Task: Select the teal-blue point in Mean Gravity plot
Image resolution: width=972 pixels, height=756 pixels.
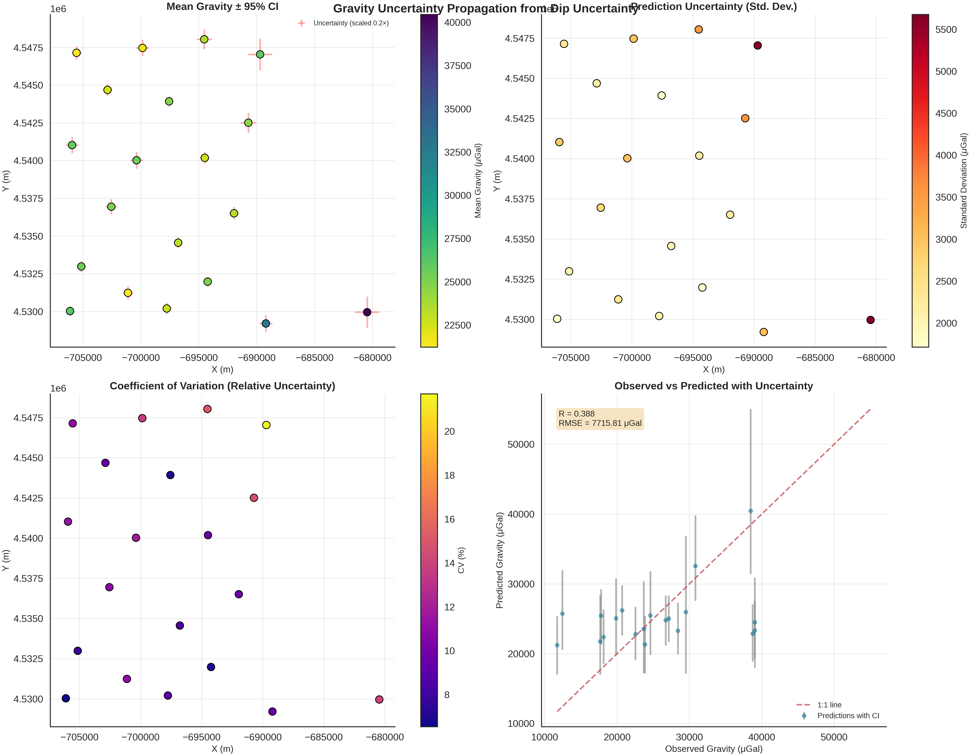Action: coord(266,323)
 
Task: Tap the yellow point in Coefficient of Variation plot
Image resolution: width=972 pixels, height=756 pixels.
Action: coord(266,425)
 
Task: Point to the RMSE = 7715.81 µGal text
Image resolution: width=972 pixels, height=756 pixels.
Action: coord(600,423)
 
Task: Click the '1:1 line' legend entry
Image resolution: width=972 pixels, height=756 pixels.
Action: coord(829,705)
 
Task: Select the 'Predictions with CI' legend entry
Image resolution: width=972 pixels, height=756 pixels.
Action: coord(848,715)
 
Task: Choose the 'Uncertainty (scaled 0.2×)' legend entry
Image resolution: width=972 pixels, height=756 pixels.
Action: coord(351,23)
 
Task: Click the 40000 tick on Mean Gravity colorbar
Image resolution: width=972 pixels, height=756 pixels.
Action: coord(457,23)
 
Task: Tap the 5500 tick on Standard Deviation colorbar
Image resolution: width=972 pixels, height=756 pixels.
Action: coord(946,30)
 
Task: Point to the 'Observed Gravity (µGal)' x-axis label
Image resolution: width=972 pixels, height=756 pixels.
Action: coord(713,749)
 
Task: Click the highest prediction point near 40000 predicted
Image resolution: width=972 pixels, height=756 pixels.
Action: coord(750,511)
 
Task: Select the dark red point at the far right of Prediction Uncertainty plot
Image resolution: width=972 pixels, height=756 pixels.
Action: coord(870,320)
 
